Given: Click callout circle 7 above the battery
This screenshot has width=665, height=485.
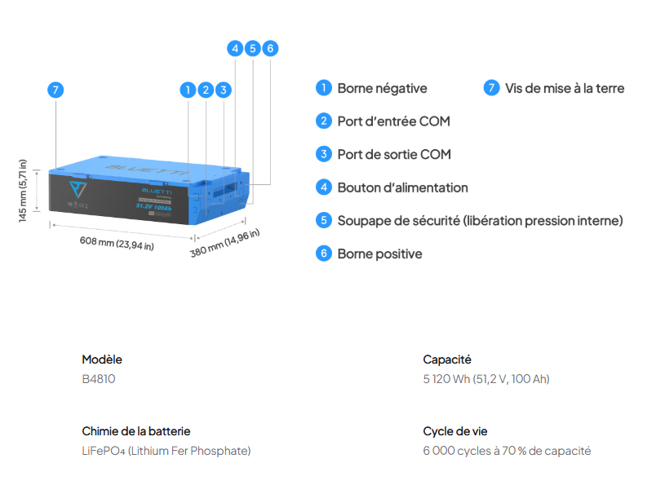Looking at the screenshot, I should coord(55,90).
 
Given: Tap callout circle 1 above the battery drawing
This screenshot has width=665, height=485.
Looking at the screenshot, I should coord(188,90).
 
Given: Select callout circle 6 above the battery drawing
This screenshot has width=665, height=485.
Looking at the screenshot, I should coord(270,48).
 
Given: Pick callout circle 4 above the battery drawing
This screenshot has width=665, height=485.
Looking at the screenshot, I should coord(235,48).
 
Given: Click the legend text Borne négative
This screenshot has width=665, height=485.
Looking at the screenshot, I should coord(382,88).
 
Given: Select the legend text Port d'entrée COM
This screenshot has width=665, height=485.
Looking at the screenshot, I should coord(393,121).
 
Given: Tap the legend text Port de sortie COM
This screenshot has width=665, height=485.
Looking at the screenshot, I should coord(394,154).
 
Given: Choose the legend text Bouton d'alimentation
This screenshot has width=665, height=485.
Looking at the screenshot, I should coord(402,187).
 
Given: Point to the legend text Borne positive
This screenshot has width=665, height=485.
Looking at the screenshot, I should coord(379,254).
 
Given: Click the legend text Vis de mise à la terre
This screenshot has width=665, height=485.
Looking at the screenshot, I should coord(565,88).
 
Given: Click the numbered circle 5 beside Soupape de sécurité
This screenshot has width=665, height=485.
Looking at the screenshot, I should coord(324,220).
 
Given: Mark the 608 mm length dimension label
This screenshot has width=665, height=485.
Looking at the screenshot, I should coord(117,243).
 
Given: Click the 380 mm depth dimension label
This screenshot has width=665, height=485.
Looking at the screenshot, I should coord(225,243).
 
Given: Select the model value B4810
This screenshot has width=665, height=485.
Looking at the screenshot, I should coord(99,379).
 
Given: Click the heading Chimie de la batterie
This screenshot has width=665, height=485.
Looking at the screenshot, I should coord(136,431).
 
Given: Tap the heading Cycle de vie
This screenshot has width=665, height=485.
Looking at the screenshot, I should coord(455,431).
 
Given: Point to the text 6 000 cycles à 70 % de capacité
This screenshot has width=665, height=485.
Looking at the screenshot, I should coord(507,451).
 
